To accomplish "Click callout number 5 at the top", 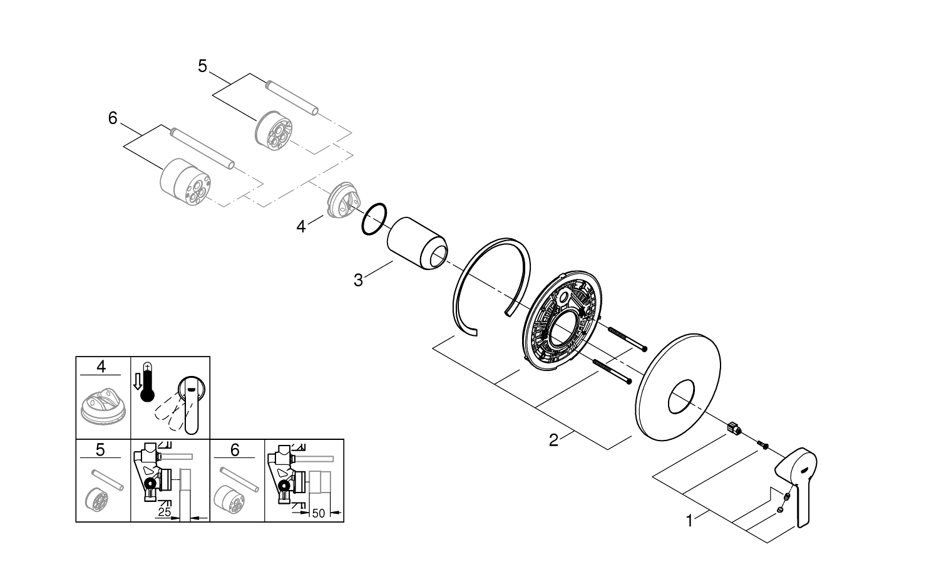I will point(202,66).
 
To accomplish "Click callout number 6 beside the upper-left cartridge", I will point(113,118).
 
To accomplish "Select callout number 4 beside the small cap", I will point(301,226).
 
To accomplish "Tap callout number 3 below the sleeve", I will point(358,280).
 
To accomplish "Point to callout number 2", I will point(553,440).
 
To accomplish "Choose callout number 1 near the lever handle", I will point(689,520).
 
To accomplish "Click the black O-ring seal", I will point(374,219).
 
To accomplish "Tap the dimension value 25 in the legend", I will point(165,513).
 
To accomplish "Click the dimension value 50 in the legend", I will point(318,513).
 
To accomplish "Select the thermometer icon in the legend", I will point(148,382).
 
